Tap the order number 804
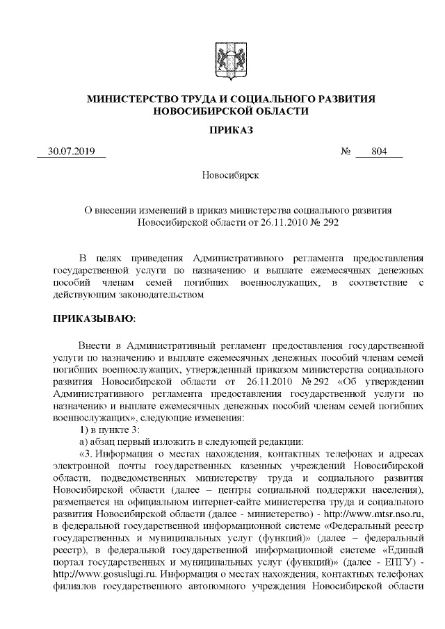378,152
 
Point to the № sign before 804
345,152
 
